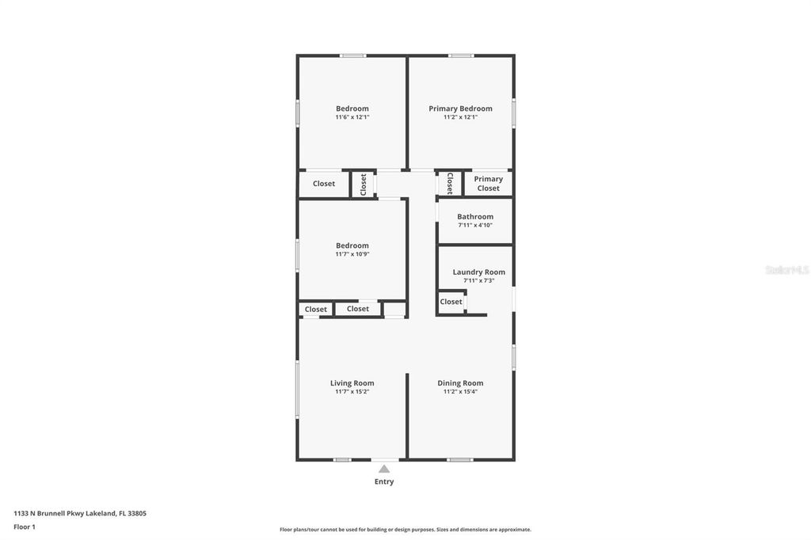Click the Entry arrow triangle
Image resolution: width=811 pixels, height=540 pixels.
(x=384, y=469)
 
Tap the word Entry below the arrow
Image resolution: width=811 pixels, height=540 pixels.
(x=384, y=481)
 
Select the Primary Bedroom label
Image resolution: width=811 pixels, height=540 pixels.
(x=460, y=108)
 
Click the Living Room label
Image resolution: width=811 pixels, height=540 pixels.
(x=352, y=383)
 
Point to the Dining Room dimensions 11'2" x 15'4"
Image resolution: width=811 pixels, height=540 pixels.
(x=460, y=392)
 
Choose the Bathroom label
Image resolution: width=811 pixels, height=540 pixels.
(x=475, y=216)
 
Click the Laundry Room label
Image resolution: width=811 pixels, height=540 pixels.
(x=478, y=272)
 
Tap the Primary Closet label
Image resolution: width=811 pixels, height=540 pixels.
(x=488, y=184)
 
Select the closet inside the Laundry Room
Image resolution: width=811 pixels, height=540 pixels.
(x=451, y=302)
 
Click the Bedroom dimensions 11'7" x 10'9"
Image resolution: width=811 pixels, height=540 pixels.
(x=352, y=254)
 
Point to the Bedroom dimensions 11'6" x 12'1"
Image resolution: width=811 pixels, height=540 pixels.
(x=352, y=117)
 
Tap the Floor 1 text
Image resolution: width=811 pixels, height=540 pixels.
(x=25, y=527)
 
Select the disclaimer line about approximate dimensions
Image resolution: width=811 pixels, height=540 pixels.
(x=405, y=530)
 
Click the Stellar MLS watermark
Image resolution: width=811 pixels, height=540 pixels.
(x=786, y=270)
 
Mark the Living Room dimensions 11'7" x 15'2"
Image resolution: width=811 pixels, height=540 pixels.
(x=352, y=392)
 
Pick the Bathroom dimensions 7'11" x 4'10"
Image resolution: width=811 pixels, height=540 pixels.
(x=475, y=225)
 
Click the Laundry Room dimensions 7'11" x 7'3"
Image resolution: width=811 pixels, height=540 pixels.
(x=478, y=280)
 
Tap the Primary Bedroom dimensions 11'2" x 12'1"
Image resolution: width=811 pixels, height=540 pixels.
(x=460, y=117)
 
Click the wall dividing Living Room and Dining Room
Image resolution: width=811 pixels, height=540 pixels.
(x=407, y=416)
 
